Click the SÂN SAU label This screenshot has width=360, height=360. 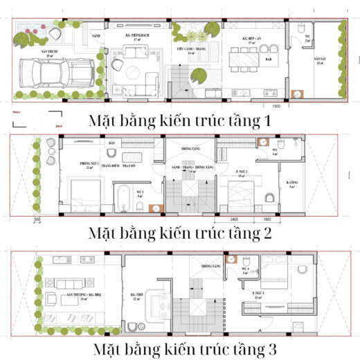click(319, 60)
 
